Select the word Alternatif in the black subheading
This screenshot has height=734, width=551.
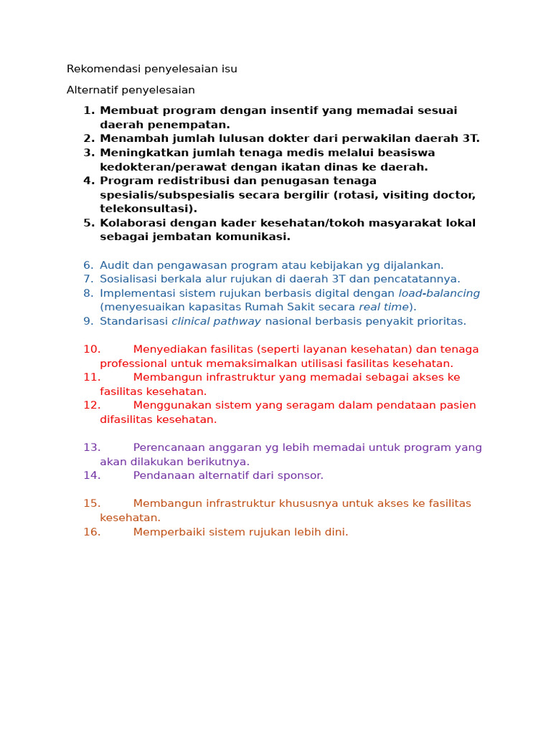pos(90,90)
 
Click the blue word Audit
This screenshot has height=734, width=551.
pos(114,265)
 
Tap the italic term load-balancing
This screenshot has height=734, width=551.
pos(439,293)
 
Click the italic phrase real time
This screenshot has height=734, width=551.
pos(383,307)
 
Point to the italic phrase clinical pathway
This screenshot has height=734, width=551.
pos(216,321)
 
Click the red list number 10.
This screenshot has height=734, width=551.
pos(92,349)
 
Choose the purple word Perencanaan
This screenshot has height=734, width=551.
pos(170,447)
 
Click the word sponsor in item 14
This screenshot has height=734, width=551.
pos(301,475)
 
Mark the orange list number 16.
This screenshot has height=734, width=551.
pos(92,532)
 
